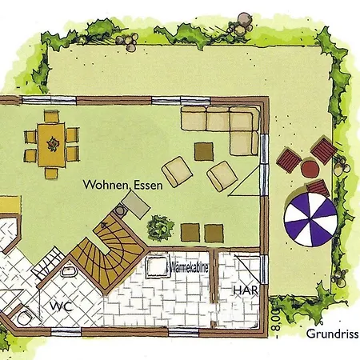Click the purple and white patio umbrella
310,219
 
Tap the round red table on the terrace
310,169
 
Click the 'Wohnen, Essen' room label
122,185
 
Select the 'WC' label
62,306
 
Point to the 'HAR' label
246,290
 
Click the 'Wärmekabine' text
190,267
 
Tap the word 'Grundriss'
332,334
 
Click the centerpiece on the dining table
53,144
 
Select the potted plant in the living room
161,228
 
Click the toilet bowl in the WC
25,318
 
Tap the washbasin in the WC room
70,270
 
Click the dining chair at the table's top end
51,116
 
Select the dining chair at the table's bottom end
51,174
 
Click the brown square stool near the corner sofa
204,151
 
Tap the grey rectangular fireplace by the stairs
136,205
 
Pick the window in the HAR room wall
264,270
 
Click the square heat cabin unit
158,266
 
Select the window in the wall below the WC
66,332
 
